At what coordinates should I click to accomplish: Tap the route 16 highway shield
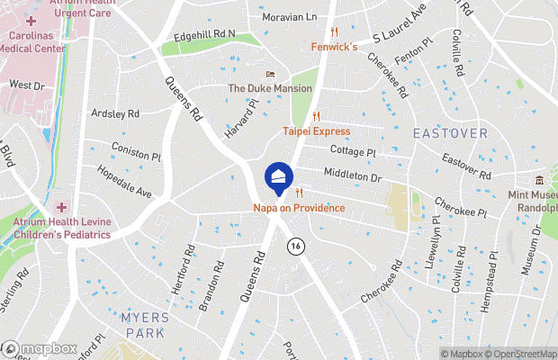(294, 246)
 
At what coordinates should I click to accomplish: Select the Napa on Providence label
(299, 208)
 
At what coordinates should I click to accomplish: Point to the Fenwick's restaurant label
(334, 46)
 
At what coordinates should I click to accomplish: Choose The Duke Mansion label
(269, 88)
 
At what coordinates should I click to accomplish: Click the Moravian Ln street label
(289, 17)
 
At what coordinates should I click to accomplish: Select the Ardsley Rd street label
(115, 114)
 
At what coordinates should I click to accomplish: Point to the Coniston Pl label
(136, 150)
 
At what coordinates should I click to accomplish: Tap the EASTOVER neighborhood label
(450, 133)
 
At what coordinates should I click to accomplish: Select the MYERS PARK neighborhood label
(142, 325)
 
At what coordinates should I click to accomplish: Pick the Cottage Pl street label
(352, 151)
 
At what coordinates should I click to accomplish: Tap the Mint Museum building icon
(539, 181)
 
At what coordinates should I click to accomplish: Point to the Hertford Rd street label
(182, 270)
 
